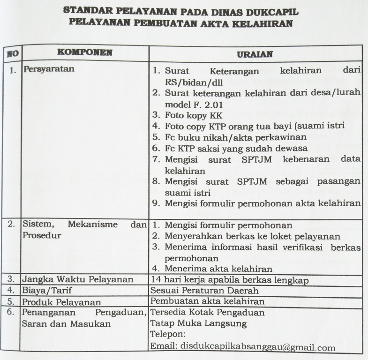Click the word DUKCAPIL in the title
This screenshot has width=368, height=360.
(x=272, y=11)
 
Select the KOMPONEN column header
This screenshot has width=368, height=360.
(x=84, y=52)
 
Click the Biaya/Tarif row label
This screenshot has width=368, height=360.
(x=45, y=291)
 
